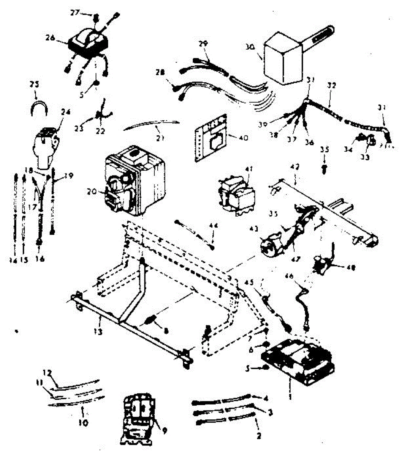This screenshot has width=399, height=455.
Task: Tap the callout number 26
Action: pyautogui.click(x=50, y=38)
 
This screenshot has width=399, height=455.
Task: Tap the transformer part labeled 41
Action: pyautogui.click(x=236, y=195)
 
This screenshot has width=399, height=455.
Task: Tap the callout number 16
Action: pyautogui.click(x=40, y=259)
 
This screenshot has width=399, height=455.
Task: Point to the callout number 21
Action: pyautogui.click(x=160, y=139)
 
